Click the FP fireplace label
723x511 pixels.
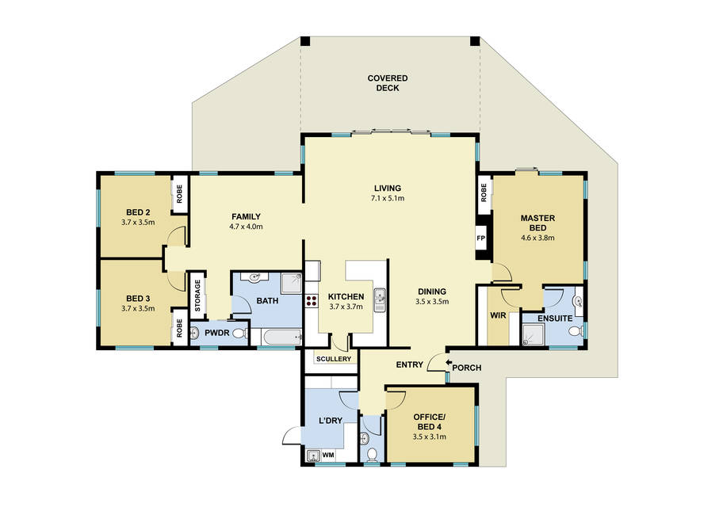pos(481,238)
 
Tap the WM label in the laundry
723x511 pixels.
pos(328,455)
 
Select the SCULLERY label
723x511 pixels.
pos(334,359)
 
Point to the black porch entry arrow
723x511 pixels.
pos(449,363)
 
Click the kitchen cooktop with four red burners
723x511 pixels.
pos(312,301)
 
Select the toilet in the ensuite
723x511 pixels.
pos(574,331)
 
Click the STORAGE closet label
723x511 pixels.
pos(197,296)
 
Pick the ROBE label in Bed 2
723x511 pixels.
pos(179,194)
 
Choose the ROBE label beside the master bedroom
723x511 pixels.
pos(484,193)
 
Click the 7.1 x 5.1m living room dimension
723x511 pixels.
pos(388,199)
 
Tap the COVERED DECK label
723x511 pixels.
pos(388,83)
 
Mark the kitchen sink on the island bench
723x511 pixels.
pos(380,300)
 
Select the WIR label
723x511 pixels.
pos(498,315)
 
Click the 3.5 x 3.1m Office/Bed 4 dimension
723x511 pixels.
pos(430,437)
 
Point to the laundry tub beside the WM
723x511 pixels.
pos(314,456)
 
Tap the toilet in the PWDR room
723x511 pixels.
pos(239,333)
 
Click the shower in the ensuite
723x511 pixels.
pos(534,334)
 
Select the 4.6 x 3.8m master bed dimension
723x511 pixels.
pos(537,238)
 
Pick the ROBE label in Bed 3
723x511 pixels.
pos(179,328)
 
